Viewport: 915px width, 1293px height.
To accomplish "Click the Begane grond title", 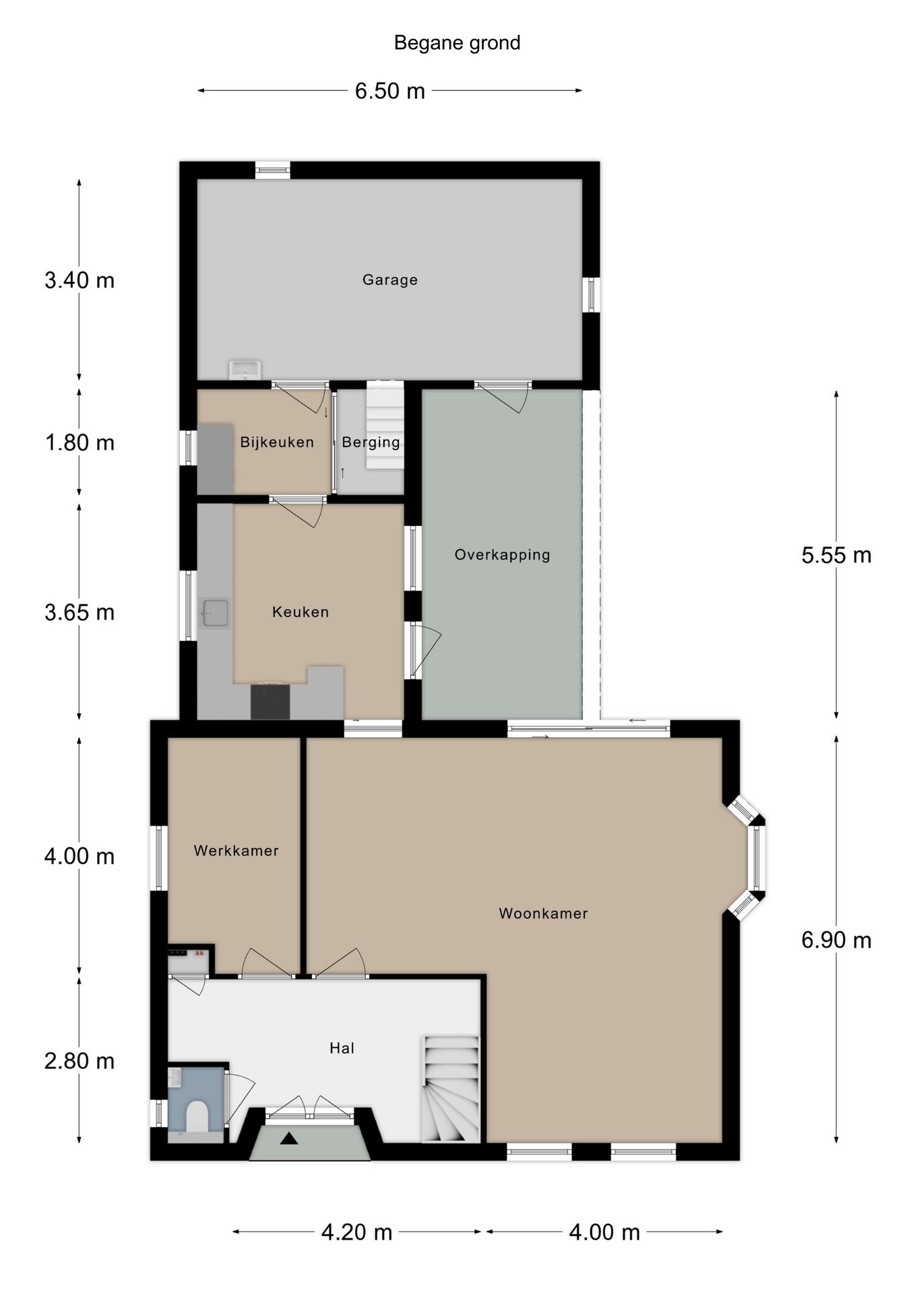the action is [457, 43].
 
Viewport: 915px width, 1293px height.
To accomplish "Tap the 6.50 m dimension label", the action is [390, 90].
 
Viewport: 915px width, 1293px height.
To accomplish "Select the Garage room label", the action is [390, 279].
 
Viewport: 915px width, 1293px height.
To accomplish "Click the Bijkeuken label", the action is [277, 442].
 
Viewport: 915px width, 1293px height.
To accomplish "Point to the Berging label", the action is [371, 442].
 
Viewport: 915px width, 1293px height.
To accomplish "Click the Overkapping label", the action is [503, 555].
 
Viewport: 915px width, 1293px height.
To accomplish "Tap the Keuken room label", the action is [301, 612].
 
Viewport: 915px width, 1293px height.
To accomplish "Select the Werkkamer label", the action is [236, 851].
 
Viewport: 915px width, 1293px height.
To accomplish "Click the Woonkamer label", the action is [543, 914].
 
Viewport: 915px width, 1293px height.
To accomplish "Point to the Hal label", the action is [342, 1048].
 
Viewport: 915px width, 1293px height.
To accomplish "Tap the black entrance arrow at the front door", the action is [289, 1139].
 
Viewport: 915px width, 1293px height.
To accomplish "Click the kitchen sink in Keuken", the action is [214, 614].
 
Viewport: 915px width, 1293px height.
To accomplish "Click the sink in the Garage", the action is [245, 370].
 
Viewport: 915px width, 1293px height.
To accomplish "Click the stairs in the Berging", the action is [385, 426].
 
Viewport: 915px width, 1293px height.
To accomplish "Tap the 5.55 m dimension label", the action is [836, 555].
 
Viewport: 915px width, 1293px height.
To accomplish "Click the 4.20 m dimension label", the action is [356, 1232].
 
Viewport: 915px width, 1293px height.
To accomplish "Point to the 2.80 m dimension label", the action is [80, 1061].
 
